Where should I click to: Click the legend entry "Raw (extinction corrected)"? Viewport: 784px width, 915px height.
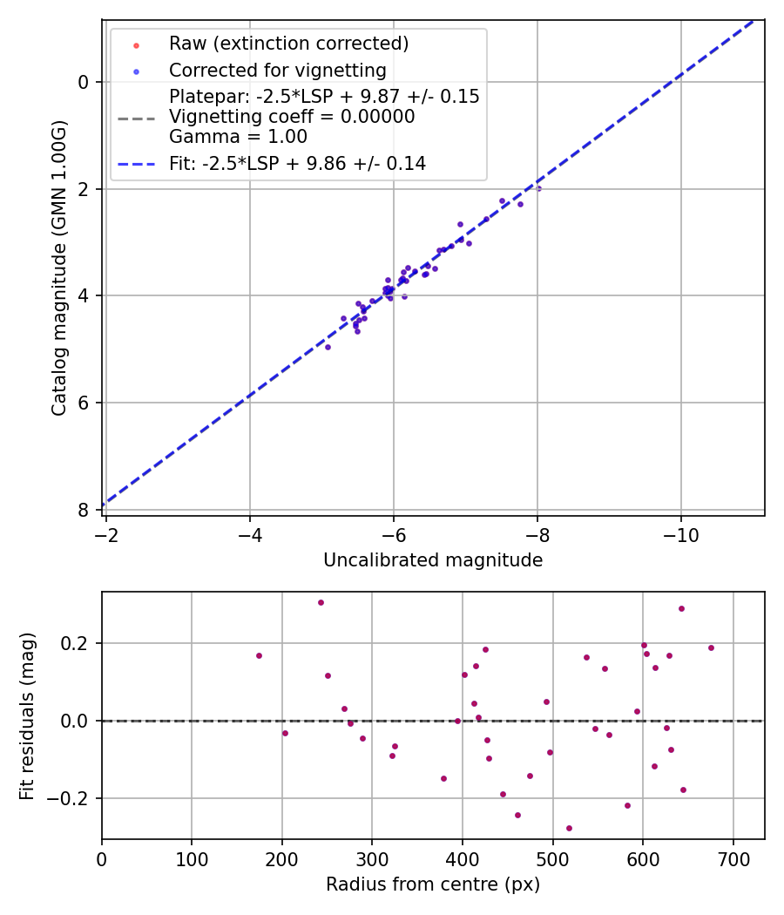(288, 44)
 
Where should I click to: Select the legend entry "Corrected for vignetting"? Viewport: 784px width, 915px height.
(278, 71)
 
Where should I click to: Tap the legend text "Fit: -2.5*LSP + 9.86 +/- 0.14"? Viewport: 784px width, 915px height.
(297, 163)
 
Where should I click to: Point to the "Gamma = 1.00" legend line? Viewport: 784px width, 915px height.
(238, 136)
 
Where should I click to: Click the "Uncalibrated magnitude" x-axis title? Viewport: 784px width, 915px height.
(433, 560)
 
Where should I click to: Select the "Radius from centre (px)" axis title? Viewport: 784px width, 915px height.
(433, 884)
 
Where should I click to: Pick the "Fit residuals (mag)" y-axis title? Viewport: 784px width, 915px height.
(28, 715)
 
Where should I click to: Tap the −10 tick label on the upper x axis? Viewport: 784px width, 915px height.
(680, 534)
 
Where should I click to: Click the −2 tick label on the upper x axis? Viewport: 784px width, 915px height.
(106, 534)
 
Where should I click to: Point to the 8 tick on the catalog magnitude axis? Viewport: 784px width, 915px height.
(84, 510)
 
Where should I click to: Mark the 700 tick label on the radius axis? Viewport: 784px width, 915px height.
(733, 858)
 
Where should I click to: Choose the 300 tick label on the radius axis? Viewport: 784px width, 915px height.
(372, 858)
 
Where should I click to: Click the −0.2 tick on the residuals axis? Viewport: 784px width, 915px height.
(74, 798)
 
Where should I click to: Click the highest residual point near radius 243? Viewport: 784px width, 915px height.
(321, 602)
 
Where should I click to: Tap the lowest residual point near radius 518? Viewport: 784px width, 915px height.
(569, 828)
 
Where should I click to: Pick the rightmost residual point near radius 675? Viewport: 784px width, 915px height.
(711, 647)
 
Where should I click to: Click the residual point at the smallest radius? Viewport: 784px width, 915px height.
(259, 655)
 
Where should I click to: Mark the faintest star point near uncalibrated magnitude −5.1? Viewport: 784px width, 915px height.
(328, 347)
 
